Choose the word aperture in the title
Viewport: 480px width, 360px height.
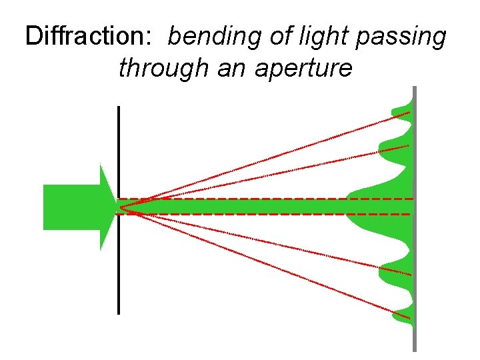pyautogui.click(x=309, y=69)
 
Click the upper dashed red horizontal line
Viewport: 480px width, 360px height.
pyautogui.click(x=267, y=199)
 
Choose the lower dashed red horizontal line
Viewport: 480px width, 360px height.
pyautogui.click(x=267, y=214)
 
